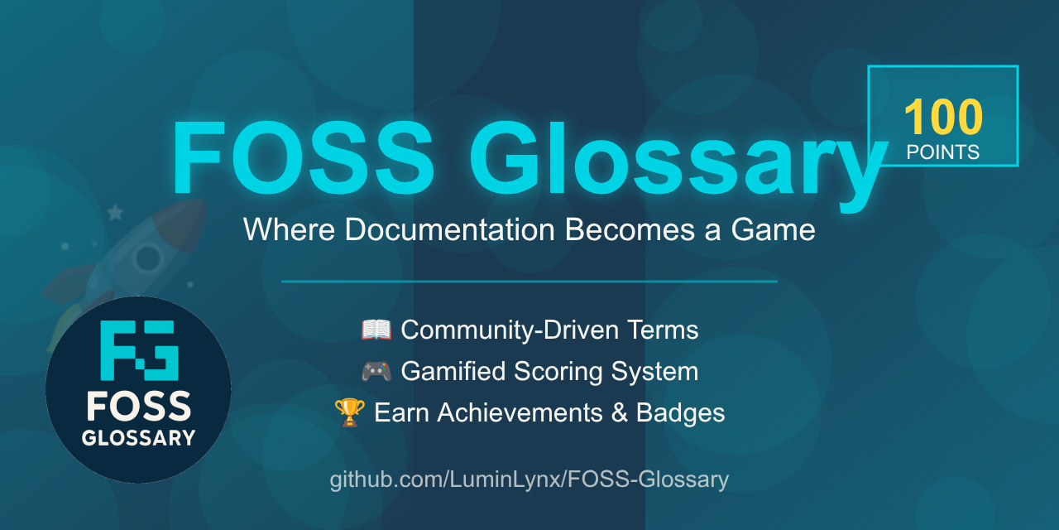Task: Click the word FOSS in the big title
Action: [302, 159]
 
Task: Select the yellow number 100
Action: [943, 118]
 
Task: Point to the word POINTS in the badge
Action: [943, 152]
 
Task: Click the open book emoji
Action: [376, 330]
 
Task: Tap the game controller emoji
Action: [376, 372]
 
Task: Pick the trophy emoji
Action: [349, 412]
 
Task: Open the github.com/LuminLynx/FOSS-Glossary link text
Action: [529, 479]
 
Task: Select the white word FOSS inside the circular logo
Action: [138, 407]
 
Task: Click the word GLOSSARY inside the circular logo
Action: [138, 438]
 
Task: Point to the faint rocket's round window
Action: [148, 258]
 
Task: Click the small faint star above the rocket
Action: [115, 213]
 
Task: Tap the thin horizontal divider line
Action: [529, 282]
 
